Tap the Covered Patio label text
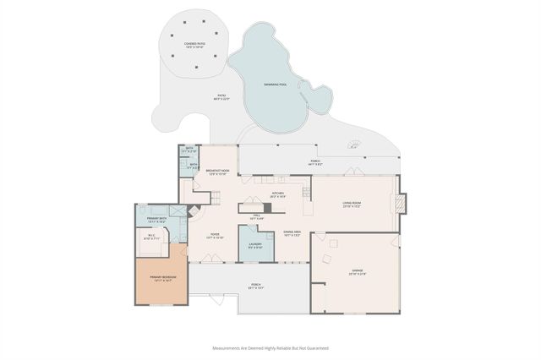pos(194,44)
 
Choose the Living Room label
pos(352,205)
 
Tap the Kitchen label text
pos(278,194)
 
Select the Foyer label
pos(214,237)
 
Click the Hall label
pos(256,217)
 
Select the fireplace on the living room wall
pos(401,204)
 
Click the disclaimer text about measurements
pos(270,347)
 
